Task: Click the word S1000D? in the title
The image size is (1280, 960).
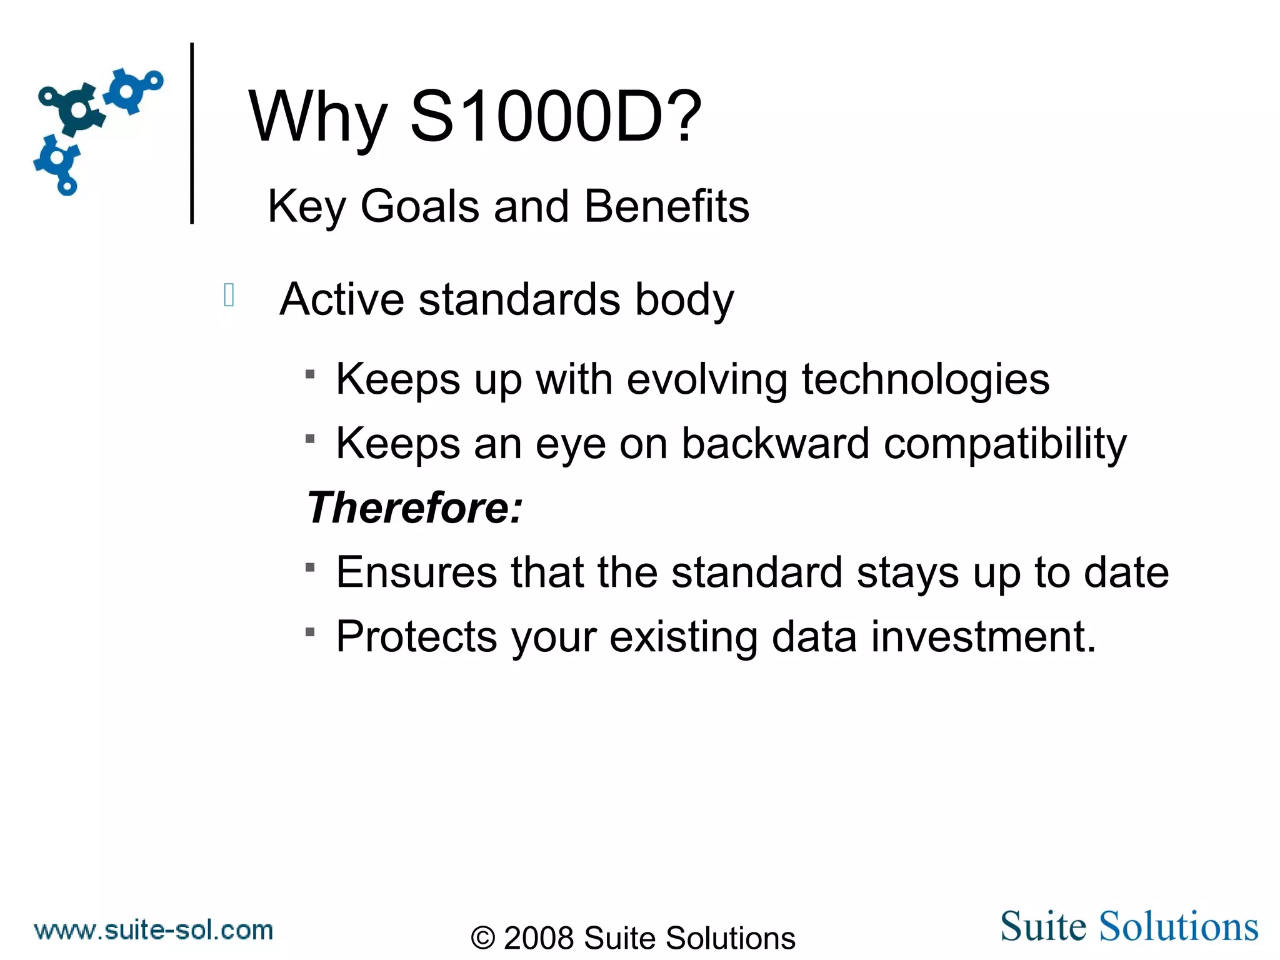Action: tap(556, 117)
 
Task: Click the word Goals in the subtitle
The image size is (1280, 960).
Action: tap(419, 206)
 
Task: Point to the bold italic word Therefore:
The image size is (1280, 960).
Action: tap(414, 507)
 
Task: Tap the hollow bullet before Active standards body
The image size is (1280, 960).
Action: tap(229, 295)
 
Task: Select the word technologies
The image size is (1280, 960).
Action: tap(925, 379)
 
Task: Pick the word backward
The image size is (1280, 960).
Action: tap(775, 443)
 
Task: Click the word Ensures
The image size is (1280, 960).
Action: tap(416, 572)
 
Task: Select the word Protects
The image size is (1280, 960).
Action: tap(416, 637)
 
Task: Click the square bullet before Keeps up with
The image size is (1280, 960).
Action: tap(310, 374)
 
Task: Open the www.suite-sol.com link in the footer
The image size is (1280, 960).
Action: tap(154, 930)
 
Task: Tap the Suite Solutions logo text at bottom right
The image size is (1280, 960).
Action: tap(1129, 926)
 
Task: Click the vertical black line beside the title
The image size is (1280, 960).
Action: tap(192, 132)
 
